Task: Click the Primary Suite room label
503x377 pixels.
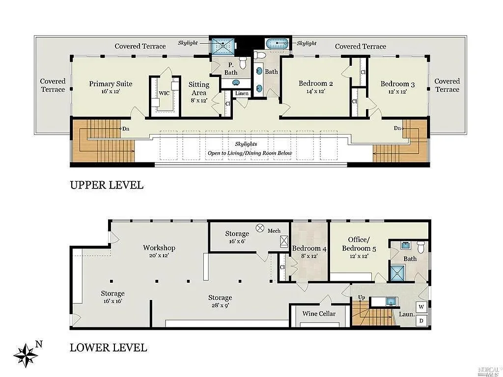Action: pyautogui.click(x=111, y=84)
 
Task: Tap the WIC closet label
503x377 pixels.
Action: pyautogui.click(x=164, y=93)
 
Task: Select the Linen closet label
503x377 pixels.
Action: pyautogui.click(x=242, y=93)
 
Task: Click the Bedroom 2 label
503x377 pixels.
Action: pyautogui.click(x=316, y=83)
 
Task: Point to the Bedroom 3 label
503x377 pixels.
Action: pyautogui.click(x=397, y=84)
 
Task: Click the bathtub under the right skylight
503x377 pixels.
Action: pyautogui.click(x=277, y=43)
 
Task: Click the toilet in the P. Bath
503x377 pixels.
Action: pyautogui.click(x=243, y=62)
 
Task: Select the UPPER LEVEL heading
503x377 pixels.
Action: pyautogui.click(x=107, y=185)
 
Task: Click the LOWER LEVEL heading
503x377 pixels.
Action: pyautogui.click(x=109, y=348)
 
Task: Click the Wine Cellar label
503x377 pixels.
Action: pyautogui.click(x=319, y=314)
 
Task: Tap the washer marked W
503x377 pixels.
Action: pyautogui.click(x=421, y=307)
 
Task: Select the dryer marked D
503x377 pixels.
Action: pyautogui.click(x=421, y=321)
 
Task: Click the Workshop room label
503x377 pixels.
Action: pyautogui.click(x=159, y=247)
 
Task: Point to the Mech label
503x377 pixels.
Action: pyautogui.click(x=274, y=231)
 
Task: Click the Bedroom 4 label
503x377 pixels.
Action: pyautogui.click(x=309, y=248)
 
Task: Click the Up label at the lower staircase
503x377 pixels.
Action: pyautogui.click(x=362, y=297)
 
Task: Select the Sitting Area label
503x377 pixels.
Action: pyautogui.click(x=199, y=88)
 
